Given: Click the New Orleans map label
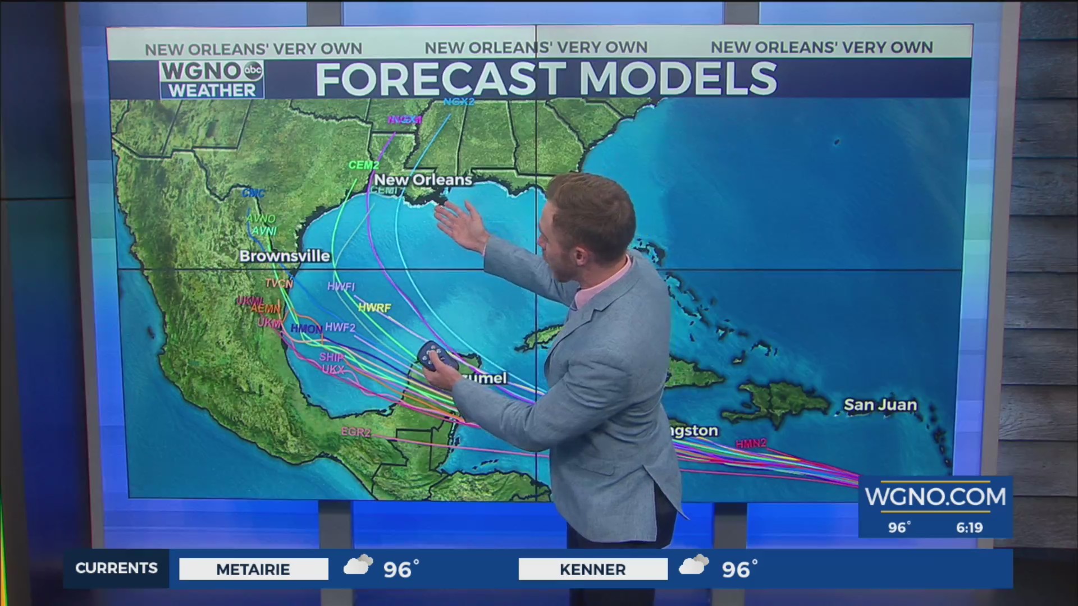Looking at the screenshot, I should [x=423, y=180].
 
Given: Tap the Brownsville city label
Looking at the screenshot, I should [x=285, y=256].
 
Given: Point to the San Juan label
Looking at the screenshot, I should [x=880, y=405].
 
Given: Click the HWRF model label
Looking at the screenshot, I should [x=374, y=308].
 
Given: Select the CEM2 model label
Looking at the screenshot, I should [x=364, y=165].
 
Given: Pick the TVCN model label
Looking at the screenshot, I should [x=279, y=284].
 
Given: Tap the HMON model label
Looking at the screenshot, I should [x=307, y=329].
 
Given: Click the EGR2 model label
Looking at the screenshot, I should [x=356, y=432].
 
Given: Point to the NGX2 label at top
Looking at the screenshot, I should [x=459, y=102].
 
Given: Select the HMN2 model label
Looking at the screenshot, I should [x=751, y=444].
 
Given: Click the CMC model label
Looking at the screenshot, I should [x=253, y=193].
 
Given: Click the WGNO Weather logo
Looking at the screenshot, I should [x=212, y=80].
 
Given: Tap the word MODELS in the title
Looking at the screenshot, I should [x=678, y=79].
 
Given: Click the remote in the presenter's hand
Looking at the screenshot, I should [x=433, y=356].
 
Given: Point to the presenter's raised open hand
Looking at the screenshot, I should [x=460, y=224].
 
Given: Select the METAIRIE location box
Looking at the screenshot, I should [x=253, y=569].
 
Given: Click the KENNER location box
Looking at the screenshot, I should [x=593, y=569].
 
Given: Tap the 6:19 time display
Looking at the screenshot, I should [x=969, y=527].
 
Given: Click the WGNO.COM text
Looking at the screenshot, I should [x=935, y=497].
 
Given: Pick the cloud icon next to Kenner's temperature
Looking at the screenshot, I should [x=694, y=566].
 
